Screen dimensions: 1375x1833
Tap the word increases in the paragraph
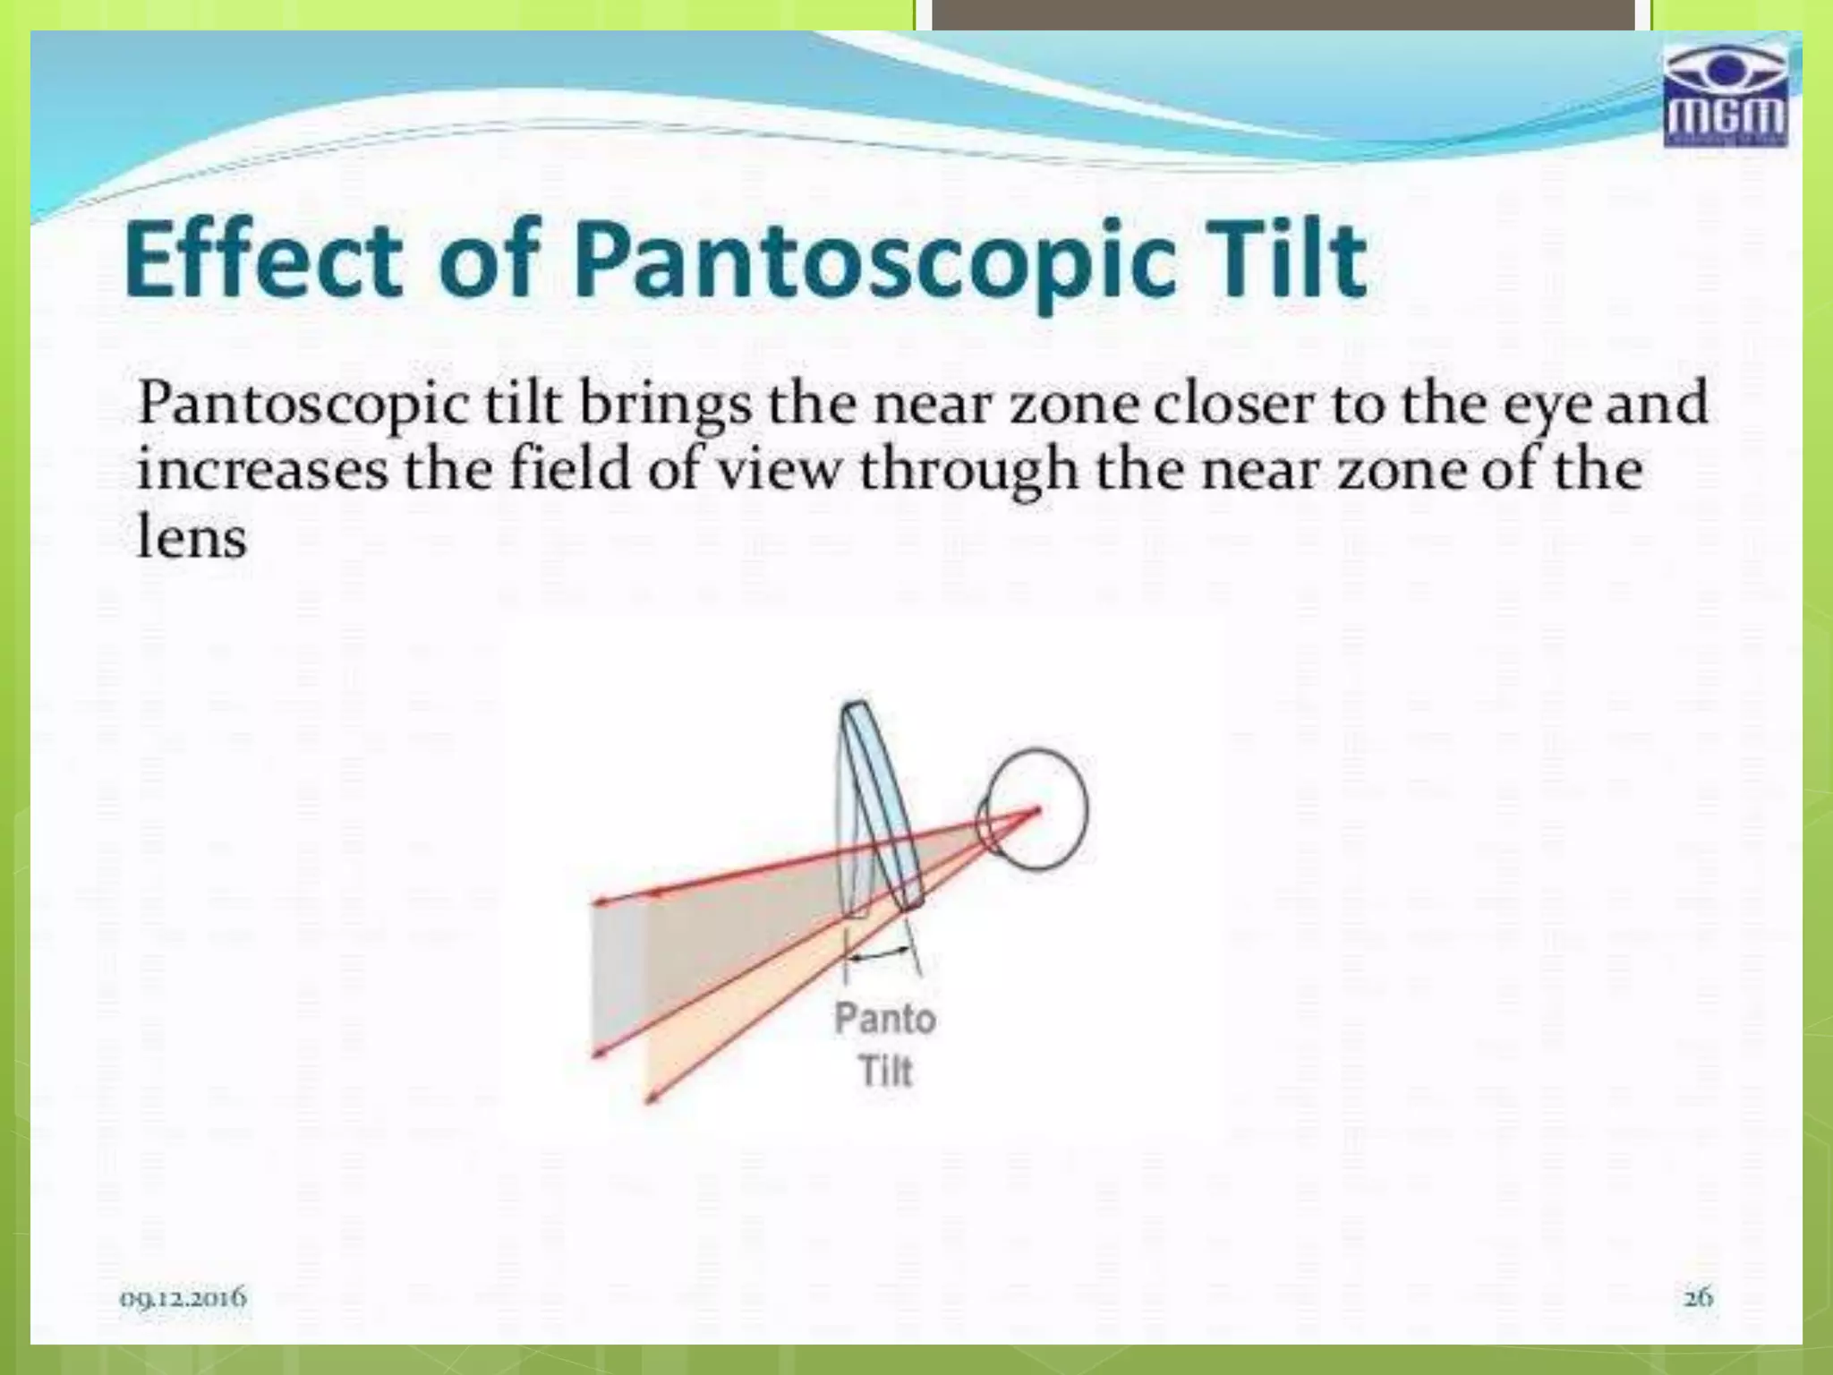(262, 469)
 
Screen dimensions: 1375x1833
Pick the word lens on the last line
(191, 537)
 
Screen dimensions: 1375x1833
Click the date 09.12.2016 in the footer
(183, 1296)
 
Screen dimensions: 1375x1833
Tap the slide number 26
(1698, 1296)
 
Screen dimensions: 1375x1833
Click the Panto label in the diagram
(884, 1019)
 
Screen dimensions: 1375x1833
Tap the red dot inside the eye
(1037, 811)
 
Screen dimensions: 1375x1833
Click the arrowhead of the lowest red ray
(649, 1099)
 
